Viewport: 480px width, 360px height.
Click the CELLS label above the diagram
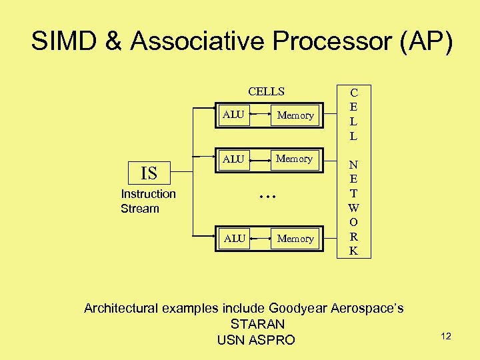click(266, 91)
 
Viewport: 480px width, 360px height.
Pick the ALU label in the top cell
click(233, 115)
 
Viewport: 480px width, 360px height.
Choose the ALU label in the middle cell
click(233, 159)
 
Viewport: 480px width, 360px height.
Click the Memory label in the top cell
click(295, 115)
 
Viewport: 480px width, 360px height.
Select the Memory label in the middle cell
click(295, 159)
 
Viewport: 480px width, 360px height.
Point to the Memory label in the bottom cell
click(295, 239)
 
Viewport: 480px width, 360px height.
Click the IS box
click(149, 173)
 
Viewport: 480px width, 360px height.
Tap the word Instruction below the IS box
click(148, 194)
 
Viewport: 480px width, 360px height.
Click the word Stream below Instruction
click(140, 209)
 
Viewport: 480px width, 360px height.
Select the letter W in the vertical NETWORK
click(353, 208)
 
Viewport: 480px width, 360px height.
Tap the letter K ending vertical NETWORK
click(353, 251)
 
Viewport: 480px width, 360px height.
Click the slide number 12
click(446, 336)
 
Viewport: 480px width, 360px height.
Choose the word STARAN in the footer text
click(257, 325)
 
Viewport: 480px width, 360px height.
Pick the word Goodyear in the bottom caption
click(294, 308)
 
